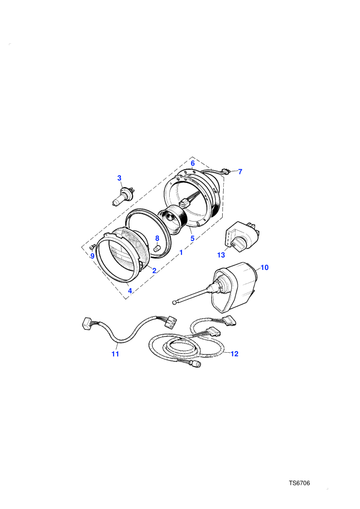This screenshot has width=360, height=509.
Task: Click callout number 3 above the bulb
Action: (119, 178)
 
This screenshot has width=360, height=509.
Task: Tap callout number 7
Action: (240, 172)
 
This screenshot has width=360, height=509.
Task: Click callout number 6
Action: (192, 163)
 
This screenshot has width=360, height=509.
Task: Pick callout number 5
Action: (192, 238)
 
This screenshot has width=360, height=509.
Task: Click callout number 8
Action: (157, 238)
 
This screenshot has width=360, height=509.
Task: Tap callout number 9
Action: (92, 256)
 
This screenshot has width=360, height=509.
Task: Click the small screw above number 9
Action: (92, 247)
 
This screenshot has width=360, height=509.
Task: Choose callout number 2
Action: (154, 270)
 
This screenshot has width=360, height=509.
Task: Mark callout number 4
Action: (130, 290)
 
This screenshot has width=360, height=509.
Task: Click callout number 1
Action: (181, 252)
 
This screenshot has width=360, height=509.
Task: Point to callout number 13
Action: (221, 255)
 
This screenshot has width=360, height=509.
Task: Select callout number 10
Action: (264, 267)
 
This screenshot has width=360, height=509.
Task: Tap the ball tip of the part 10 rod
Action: (175, 302)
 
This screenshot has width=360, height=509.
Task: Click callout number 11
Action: (115, 354)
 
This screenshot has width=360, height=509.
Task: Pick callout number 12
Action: (235, 354)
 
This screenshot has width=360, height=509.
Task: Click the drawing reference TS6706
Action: (299, 483)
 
